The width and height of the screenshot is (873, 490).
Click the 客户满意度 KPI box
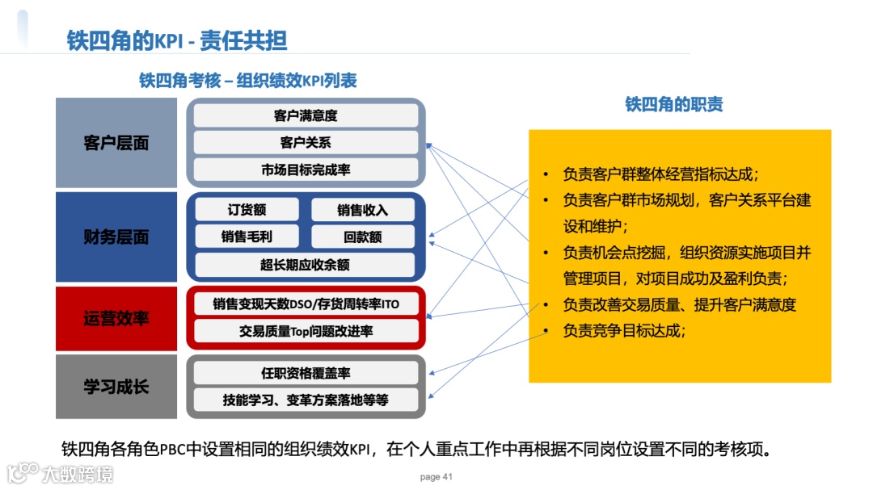(306, 116)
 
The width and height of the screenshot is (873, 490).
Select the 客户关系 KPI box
(306, 143)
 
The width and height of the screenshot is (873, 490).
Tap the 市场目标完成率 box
(306, 170)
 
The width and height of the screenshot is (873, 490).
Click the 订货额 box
(247, 210)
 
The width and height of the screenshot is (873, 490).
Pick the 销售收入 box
(362, 210)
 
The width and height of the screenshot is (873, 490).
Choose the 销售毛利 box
(247, 237)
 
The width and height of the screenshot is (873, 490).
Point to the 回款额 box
(362, 237)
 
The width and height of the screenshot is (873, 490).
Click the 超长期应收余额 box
(306, 264)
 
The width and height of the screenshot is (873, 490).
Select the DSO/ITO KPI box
(306, 304)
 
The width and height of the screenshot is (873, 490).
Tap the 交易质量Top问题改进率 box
(306, 331)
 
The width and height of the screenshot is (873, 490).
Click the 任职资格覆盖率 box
(306, 373)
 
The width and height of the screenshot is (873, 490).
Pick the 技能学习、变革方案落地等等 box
(306, 400)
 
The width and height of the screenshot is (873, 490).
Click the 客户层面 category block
(116, 143)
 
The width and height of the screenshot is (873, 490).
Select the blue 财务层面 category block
(116, 237)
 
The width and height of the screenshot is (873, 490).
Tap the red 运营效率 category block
(116, 317)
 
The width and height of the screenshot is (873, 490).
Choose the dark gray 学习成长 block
(116, 386)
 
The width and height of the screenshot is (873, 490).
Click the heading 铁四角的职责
(674, 104)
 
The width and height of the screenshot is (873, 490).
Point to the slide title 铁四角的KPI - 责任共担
(177, 40)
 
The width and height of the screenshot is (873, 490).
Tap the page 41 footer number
(436, 477)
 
